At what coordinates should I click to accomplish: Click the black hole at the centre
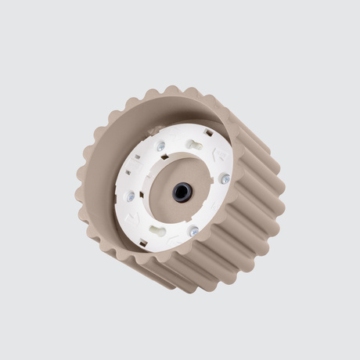coord(182,192)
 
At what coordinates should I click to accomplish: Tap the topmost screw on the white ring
coord(160,146)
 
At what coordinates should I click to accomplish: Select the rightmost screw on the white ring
coord(225,179)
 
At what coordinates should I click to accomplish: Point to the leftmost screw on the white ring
coord(131,197)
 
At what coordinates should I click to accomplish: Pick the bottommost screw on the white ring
coord(193,231)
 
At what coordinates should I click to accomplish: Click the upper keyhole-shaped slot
coord(195,146)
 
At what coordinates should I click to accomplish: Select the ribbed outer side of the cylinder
coord(243,235)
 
